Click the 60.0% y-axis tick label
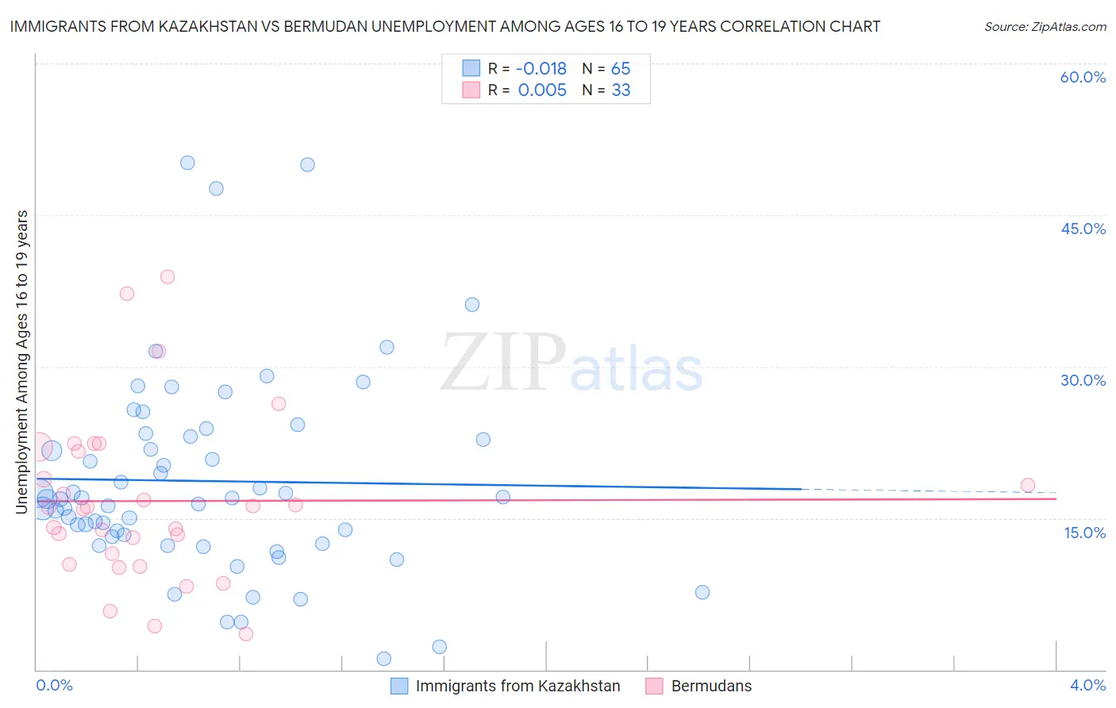pos(1083,77)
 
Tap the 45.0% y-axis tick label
pos(1083,229)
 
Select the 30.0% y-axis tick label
pos(1083,380)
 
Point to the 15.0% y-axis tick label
pos(1084,533)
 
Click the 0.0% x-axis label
pos(54,686)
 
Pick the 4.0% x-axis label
pos(1087,686)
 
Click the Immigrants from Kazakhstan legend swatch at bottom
pos(399,686)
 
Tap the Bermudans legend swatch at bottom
pos(654,686)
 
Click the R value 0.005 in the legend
pos(542,90)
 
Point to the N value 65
pos(621,69)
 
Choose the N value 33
pos(621,90)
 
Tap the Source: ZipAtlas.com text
pos(1045,27)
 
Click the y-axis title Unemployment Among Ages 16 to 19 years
pos(21,361)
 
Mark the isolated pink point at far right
pos(1027,485)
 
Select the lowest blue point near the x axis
pos(383,659)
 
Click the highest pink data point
pos(167,277)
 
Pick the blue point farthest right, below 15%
pos(702,592)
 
